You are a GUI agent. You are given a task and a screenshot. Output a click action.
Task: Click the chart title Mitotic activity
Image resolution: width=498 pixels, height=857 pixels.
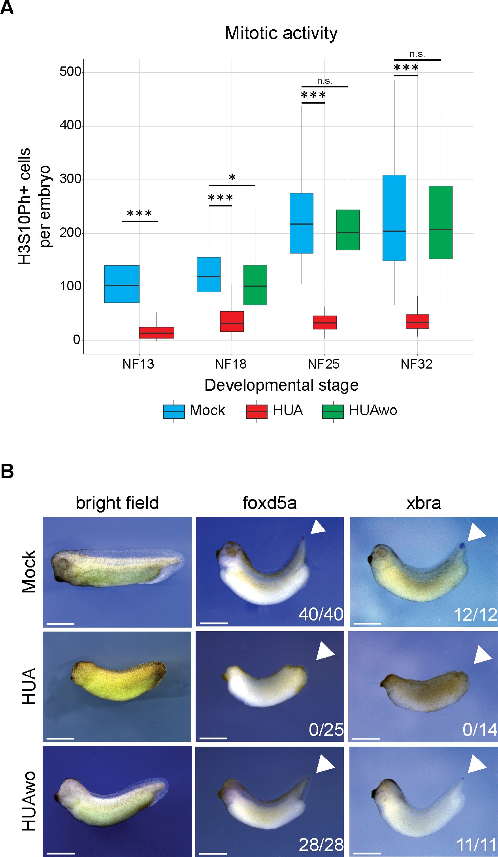tap(281, 33)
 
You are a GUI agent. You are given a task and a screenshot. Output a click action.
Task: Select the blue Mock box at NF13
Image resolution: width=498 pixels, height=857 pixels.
tap(122, 284)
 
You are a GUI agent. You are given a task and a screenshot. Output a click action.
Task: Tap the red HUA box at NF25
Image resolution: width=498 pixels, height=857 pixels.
tap(324, 322)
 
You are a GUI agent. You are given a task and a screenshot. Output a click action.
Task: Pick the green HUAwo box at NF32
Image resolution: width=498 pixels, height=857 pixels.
tap(440, 222)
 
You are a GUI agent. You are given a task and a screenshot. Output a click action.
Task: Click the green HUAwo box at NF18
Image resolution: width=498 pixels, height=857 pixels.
tap(255, 285)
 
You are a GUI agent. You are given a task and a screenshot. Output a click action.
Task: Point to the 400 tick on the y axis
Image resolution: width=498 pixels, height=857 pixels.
tap(70, 126)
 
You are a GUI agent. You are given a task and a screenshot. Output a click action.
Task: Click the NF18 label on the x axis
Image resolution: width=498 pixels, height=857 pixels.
tap(231, 364)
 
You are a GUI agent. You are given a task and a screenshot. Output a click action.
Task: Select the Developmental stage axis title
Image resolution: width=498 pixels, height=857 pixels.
tap(281, 385)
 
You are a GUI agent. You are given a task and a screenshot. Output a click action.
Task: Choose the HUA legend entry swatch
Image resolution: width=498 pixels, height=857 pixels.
tap(257, 411)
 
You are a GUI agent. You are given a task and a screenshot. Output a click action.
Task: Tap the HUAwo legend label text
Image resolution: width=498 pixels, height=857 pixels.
tap(373, 411)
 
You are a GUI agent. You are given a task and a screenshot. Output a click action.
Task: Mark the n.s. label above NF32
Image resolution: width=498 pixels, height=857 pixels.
tap(417, 54)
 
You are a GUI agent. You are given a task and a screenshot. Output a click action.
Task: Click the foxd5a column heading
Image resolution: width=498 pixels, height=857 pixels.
tap(270, 503)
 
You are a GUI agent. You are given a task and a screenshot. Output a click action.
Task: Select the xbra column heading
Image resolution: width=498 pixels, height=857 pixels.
tap(423, 503)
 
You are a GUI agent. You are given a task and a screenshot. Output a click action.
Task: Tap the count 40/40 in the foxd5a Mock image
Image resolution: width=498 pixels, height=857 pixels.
tap(321, 614)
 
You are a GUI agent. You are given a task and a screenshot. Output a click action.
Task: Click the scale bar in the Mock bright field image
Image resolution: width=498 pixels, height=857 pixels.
tap(60, 624)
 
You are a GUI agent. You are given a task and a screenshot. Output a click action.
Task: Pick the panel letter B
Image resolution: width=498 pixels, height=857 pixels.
tap(7, 472)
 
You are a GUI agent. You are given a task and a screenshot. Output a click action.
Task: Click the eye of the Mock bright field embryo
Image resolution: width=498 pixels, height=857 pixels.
tap(62, 564)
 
